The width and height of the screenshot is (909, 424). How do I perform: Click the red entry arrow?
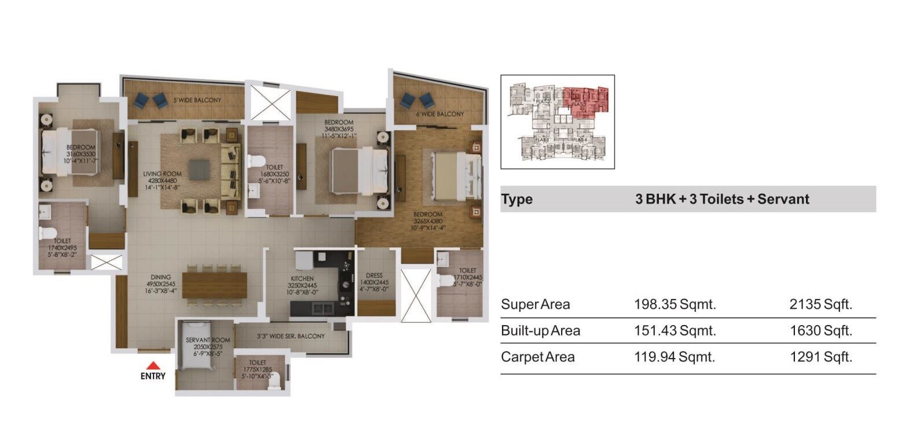click(152, 366)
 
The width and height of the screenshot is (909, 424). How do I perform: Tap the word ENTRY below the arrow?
click(153, 376)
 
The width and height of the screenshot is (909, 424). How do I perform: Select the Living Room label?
click(162, 174)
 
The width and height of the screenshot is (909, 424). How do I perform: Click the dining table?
click(214, 285)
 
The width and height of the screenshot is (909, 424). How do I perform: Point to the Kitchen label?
click(302, 279)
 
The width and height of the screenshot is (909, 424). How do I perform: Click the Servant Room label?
click(208, 340)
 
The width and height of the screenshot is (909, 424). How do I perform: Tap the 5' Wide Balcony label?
click(197, 100)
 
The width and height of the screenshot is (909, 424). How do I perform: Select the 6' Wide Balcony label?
click(439, 114)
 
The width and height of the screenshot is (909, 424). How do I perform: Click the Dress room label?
click(374, 276)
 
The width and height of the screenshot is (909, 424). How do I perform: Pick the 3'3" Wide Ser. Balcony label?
click(290, 336)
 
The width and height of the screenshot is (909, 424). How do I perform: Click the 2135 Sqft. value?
click(820, 304)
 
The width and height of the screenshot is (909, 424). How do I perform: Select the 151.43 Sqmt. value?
click(675, 331)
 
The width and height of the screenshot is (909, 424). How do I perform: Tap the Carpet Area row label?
click(537, 357)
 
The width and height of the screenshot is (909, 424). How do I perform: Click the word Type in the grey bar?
click(516, 199)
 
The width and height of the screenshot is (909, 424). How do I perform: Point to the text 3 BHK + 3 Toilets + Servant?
click(721, 199)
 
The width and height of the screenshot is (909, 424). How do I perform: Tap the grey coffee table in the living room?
click(200, 169)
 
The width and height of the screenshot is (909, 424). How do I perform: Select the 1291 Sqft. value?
click(820, 357)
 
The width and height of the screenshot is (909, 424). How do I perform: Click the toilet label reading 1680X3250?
click(274, 174)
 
